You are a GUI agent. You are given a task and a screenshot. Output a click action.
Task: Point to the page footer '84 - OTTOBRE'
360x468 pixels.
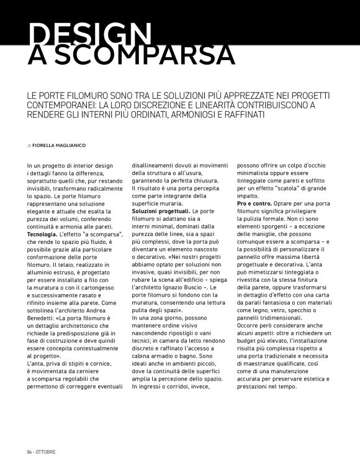pyautogui.click(x=42, y=450)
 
